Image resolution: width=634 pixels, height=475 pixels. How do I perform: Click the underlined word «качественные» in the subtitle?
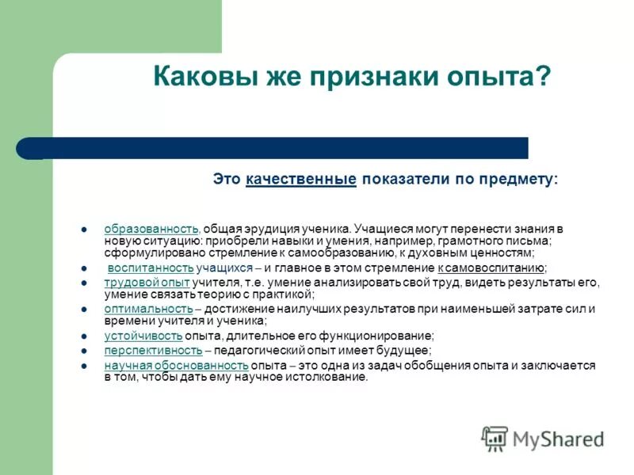(x=300, y=180)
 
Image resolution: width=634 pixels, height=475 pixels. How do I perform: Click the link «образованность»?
(x=151, y=229)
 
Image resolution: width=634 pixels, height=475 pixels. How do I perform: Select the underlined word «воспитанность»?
(x=151, y=268)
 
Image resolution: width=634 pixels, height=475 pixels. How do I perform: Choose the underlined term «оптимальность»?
(x=148, y=309)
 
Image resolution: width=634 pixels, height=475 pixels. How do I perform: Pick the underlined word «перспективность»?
(x=153, y=350)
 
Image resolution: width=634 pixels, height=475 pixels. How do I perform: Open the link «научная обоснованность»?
(x=176, y=365)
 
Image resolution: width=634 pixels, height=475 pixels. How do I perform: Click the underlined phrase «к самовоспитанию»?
(x=491, y=268)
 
